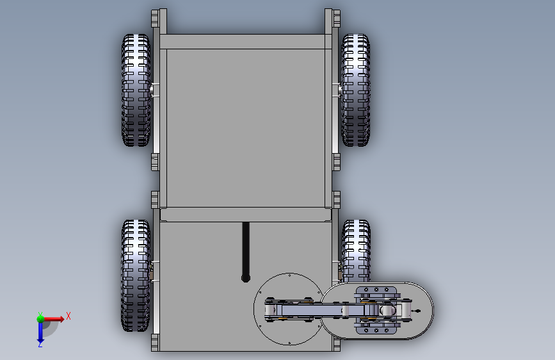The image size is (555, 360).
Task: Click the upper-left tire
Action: pos(136,90)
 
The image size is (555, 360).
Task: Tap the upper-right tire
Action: pos(355,90)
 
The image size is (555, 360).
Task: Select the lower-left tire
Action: pos(136,275)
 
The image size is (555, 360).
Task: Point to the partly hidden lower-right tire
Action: pos(356,250)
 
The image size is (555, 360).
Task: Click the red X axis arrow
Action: pos(53,319)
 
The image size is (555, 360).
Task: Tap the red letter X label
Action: pos(68,316)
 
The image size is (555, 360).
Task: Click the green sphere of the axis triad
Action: pos(40,318)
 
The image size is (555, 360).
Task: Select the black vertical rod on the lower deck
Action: pos(246,252)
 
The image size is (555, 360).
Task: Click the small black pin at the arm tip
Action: pos(417,311)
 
